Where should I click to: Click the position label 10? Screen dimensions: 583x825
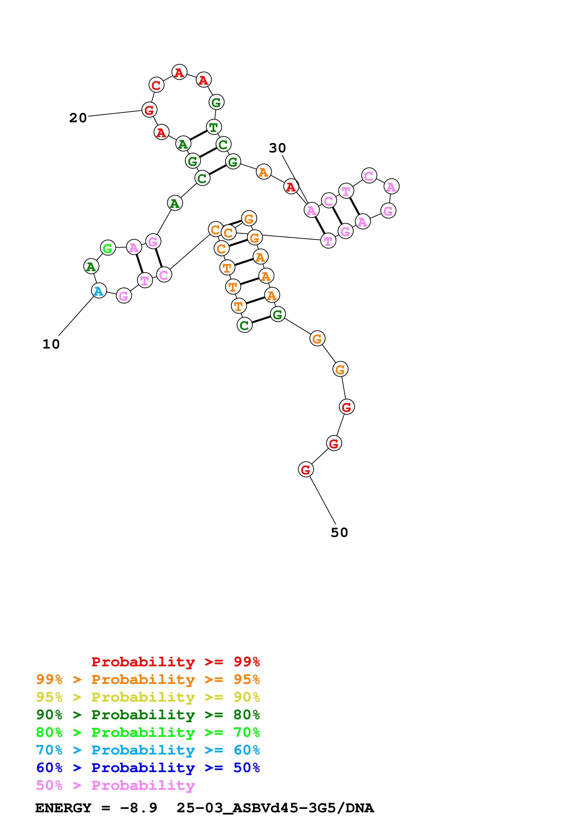tap(51, 344)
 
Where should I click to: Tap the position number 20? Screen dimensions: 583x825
tap(78, 118)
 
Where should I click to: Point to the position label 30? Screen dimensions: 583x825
tap(277, 148)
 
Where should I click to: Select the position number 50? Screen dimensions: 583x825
tap(339, 532)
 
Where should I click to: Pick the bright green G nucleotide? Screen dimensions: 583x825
tap(108, 248)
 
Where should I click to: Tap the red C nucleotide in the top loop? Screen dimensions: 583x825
tap(156, 85)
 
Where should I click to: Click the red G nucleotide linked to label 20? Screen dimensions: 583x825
tap(149, 110)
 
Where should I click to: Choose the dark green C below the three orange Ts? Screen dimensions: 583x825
tap(244, 325)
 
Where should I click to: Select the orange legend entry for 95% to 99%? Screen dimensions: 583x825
tap(148, 679)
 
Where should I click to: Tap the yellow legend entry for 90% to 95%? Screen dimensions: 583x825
tap(148, 697)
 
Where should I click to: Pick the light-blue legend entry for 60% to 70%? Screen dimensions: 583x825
tap(148, 750)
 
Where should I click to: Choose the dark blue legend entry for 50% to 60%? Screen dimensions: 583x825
tap(148, 768)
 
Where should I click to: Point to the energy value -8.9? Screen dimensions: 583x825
tap(139, 808)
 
